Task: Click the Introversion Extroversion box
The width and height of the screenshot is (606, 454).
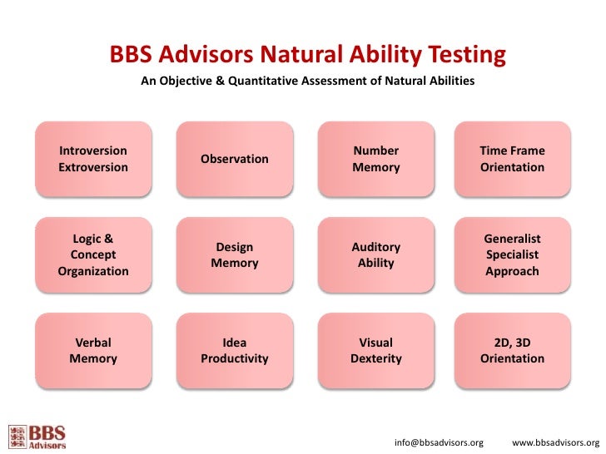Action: [93, 159]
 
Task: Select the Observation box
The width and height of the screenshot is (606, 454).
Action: [235, 159]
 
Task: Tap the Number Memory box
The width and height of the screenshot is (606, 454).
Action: [376, 159]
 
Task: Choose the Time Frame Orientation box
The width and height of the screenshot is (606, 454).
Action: [512, 159]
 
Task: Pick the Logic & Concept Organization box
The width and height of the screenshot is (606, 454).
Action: [93, 255]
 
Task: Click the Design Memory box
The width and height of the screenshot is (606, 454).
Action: [235, 255]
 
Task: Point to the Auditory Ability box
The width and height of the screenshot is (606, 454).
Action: [376, 255]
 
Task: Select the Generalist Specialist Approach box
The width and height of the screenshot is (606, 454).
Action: [512, 255]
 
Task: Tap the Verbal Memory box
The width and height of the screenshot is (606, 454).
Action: [93, 351]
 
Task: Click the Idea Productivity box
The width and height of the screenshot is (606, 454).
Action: [235, 351]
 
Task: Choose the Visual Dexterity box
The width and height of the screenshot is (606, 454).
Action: [376, 351]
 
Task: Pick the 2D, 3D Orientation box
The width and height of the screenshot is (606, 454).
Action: [512, 351]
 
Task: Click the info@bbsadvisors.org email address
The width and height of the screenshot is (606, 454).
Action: [439, 442]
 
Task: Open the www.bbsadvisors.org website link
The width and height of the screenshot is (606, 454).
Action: [555, 442]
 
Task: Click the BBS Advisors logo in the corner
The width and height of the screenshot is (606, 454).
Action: [37, 437]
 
